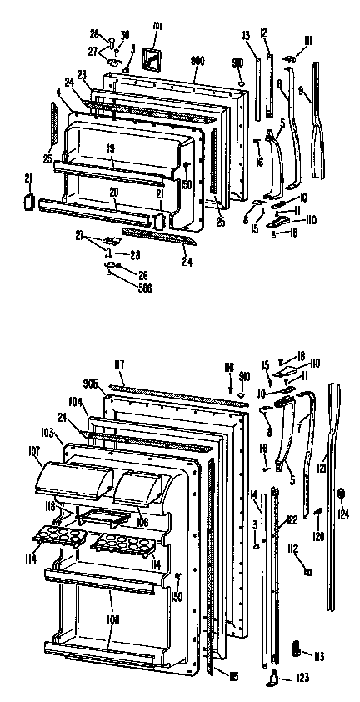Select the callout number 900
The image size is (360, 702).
coord(197,62)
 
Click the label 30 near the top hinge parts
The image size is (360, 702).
coord(125,34)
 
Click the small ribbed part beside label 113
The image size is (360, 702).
coord(297,648)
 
